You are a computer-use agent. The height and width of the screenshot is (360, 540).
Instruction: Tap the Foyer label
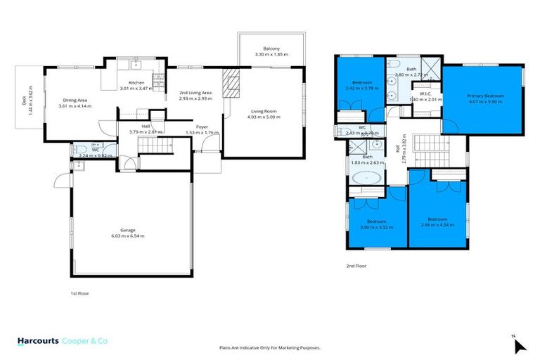pyautogui.click(x=202, y=127)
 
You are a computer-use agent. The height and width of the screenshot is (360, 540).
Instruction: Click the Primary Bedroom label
pyautogui.click(x=485, y=96)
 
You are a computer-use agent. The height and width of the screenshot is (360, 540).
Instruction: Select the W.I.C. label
pyautogui.click(x=425, y=94)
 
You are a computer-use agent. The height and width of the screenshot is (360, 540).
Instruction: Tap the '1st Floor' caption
pyautogui.click(x=79, y=292)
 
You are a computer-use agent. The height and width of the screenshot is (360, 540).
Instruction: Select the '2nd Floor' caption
pyautogui.click(x=357, y=266)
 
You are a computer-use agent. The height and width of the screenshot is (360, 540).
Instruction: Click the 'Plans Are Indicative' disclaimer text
pyautogui.click(x=270, y=347)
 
